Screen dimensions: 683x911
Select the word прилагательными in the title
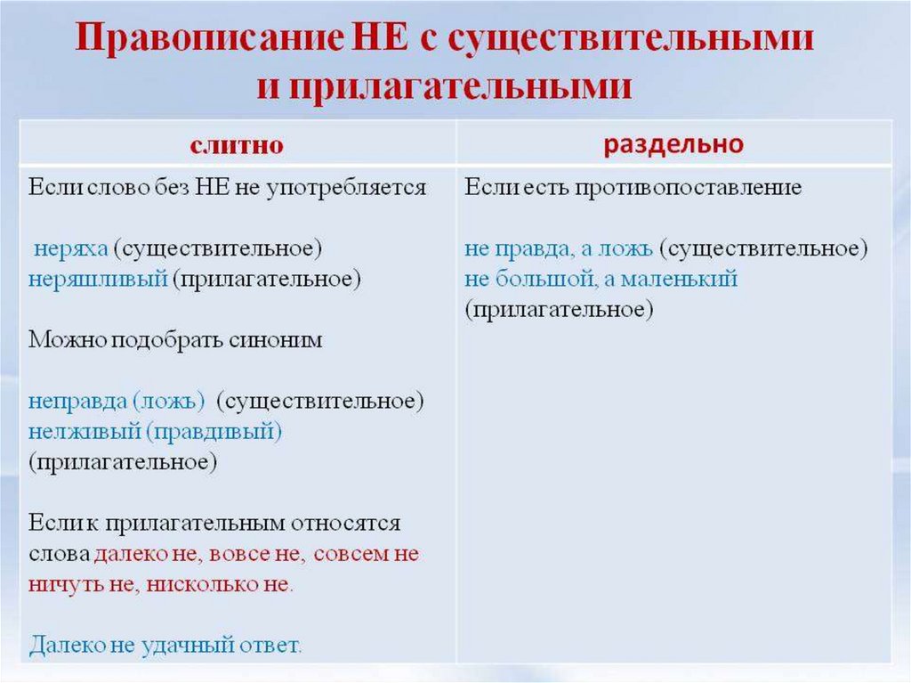(x=459, y=87)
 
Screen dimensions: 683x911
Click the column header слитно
(x=237, y=144)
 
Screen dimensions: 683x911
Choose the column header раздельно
(x=673, y=144)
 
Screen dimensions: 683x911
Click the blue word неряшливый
(x=98, y=279)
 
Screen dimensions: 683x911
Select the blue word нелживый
(x=84, y=432)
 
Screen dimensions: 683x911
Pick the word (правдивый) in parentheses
(x=214, y=432)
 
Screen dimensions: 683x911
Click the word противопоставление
(x=689, y=188)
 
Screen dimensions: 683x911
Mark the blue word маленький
(x=680, y=279)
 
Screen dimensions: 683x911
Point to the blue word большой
(x=544, y=279)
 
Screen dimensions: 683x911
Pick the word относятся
(x=351, y=523)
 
